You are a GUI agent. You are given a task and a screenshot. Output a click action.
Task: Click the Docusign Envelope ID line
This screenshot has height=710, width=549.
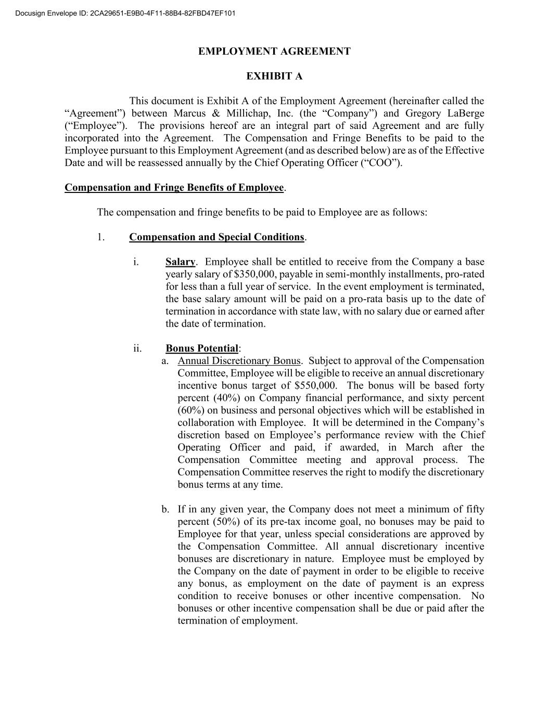click(x=125, y=13)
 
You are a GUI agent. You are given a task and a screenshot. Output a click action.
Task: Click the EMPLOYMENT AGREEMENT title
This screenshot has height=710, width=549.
click(x=274, y=51)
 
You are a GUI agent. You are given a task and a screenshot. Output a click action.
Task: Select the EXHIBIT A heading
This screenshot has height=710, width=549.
click(x=274, y=76)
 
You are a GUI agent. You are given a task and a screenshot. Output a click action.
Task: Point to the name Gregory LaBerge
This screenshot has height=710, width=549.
click(x=444, y=113)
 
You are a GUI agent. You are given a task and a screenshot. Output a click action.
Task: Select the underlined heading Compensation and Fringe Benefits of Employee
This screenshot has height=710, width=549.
click(x=174, y=188)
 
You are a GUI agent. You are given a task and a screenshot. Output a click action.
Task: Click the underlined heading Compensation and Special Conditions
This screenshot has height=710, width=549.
click(x=216, y=237)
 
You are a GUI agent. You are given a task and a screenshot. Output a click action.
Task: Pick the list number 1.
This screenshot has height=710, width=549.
click(x=100, y=237)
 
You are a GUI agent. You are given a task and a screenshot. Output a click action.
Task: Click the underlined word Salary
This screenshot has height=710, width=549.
click(x=180, y=262)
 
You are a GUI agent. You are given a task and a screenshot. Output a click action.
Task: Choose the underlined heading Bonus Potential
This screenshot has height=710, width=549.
click(x=202, y=348)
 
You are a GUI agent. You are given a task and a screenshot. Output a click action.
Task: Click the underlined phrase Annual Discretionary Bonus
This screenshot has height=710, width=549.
click(x=239, y=361)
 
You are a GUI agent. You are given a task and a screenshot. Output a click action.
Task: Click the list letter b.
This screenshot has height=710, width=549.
click(x=165, y=510)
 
